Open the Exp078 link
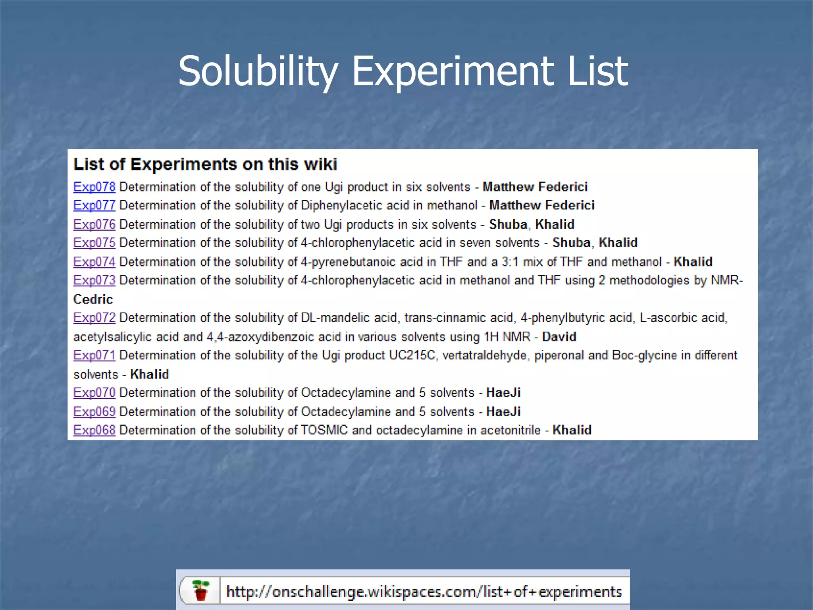[94, 187]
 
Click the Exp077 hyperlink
[94, 205]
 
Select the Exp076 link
[94, 224]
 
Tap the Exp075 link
[94, 243]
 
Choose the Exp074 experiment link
[94, 262]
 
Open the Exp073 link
[94, 280]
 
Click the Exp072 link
[94, 318]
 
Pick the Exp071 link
[94, 355]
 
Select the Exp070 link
[94, 393]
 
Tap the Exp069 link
[94, 412]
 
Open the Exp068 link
[94, 430]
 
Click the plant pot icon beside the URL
[201, 591]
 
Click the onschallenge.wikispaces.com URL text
[424, 592]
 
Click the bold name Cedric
[93, 299]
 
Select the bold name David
[559, 337]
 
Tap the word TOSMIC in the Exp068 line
[324, 430]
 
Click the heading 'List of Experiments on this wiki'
[205, 164]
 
